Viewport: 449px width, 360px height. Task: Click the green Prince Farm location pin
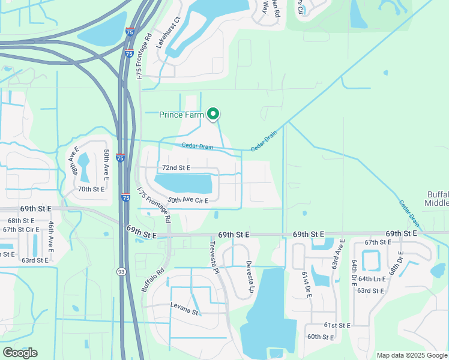tap(212, 113)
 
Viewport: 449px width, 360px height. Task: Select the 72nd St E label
tap(176, 168)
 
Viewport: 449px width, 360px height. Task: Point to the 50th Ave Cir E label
tap(188, 200)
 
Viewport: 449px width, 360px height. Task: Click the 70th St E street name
tap(91, 189)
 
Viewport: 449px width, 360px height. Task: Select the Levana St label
tap(184, 310)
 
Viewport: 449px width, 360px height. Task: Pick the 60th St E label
tap(321, 337)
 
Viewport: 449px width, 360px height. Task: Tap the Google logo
tap(20, 352)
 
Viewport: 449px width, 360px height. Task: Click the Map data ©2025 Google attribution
tap(411, 355)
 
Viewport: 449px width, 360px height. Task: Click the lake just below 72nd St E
tap(184, 182)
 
